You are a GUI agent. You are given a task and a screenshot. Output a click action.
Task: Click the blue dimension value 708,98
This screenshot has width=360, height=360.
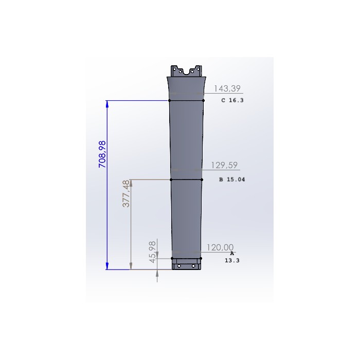click(102, 154)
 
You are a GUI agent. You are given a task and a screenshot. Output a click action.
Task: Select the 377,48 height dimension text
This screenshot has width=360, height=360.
click(126, 193)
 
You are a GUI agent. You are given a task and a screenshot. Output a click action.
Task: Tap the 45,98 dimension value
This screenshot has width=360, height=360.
click(152, 252)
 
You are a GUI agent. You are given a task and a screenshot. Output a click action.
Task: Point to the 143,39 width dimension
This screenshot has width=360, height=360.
click(227, 88)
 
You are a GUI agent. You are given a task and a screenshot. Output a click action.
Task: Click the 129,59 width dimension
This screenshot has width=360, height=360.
click(224, 165)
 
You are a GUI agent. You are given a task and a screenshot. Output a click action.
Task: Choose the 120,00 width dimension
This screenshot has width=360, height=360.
click(220, 247)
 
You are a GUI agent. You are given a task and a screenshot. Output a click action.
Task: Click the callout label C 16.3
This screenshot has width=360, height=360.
click(232, 100)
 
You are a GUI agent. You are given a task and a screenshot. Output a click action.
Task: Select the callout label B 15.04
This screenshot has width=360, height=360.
click(232, 179)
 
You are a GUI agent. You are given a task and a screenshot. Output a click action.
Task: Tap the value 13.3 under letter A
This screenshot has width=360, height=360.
click(232, 260)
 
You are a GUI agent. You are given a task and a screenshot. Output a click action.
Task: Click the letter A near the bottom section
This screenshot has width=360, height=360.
click(232, 254)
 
